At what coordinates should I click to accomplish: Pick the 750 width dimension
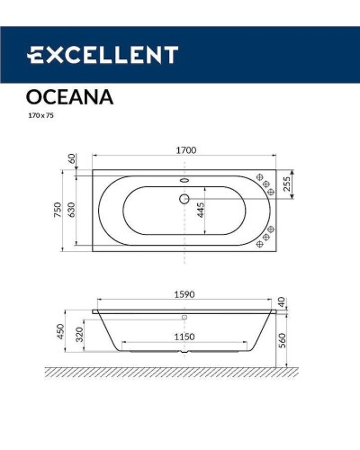(x=55, y=211)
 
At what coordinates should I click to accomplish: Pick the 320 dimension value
(x=80, y=335)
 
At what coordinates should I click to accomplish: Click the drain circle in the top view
(x=184, y=200)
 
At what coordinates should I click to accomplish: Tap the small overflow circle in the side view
(x=184, y=317)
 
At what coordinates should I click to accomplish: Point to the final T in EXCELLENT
(x=169, y=55)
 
